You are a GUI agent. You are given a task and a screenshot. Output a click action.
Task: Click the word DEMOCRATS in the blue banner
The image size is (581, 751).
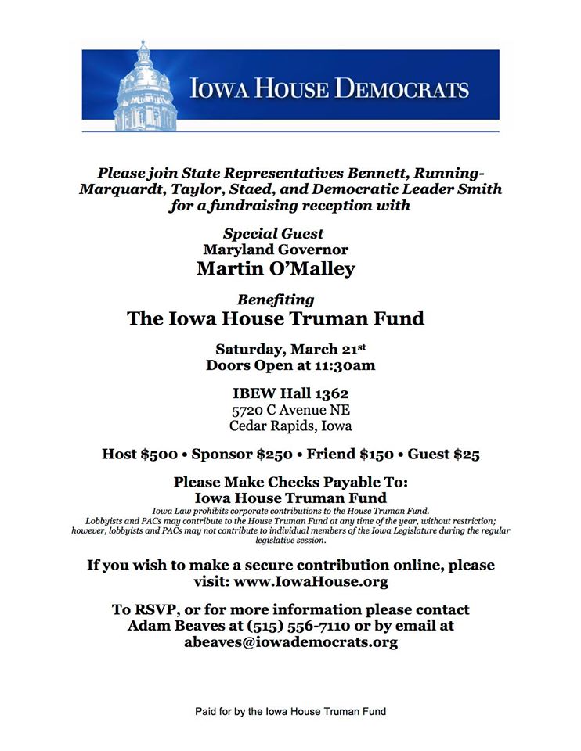402,88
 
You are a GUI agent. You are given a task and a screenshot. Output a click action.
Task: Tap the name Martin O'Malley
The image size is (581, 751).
275,269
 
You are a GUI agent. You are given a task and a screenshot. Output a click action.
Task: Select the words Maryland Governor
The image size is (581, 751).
275,250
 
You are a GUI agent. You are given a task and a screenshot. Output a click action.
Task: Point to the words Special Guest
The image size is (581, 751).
273,233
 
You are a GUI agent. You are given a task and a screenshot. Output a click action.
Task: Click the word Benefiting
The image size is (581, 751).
275,300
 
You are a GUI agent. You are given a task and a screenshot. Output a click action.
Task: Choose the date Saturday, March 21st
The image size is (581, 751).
290,349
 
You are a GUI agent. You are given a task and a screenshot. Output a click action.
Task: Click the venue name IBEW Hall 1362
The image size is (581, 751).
290,394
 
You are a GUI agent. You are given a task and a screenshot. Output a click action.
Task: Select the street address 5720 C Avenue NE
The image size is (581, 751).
290,410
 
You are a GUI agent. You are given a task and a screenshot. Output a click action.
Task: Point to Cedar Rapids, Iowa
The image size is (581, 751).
290,426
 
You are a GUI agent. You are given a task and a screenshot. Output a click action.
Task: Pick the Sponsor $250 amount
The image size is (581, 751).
242,454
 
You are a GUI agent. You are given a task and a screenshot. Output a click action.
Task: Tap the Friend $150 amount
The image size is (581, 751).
345,454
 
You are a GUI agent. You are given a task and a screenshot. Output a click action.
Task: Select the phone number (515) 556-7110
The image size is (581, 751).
296,626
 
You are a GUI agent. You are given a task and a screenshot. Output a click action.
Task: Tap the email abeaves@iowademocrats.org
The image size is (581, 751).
290,642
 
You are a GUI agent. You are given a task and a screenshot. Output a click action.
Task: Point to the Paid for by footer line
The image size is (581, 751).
290,712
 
